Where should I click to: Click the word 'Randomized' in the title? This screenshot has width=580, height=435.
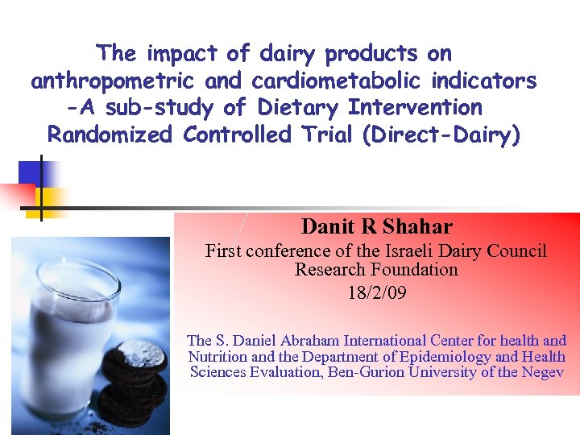point(110,135)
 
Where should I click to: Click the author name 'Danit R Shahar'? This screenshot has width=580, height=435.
point(376,227)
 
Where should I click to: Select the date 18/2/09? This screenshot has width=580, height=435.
point(376,293)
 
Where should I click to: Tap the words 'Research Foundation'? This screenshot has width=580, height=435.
point(376,270)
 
